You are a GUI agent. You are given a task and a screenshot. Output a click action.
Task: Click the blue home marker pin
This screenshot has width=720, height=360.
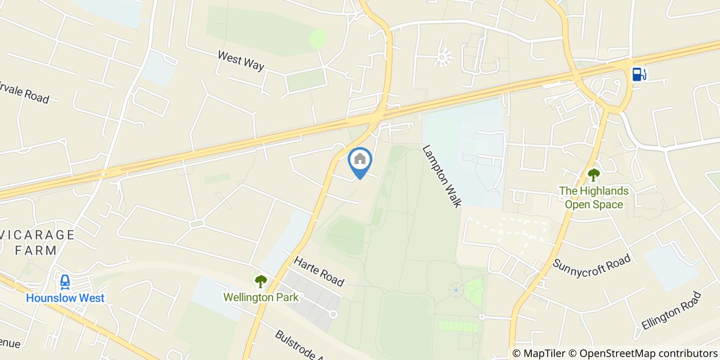pos(360,160)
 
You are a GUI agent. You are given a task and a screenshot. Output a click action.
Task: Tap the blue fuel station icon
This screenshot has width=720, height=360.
pos(638,75)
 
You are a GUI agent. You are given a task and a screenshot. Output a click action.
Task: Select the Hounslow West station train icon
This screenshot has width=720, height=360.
pos(65,282)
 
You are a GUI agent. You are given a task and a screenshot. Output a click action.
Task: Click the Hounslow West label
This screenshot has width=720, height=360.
pos(65,298)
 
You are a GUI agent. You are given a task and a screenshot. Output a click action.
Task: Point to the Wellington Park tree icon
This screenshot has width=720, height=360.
pos(261,281)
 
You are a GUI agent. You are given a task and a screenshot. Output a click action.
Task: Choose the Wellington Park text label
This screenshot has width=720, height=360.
pos(261,297)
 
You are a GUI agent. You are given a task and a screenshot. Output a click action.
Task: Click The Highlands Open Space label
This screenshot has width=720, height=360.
pos(593,197)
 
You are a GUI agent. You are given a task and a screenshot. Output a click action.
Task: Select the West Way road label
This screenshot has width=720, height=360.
pos(241,60)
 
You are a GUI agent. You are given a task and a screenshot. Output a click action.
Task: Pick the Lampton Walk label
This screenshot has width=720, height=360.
pos(441,176)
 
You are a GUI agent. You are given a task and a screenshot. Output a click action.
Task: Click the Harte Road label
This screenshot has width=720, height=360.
pos(319,271)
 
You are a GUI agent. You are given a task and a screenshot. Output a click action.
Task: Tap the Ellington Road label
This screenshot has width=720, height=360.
pos(671,311)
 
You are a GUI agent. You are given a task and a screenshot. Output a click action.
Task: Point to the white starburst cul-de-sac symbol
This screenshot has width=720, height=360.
pos(444,57)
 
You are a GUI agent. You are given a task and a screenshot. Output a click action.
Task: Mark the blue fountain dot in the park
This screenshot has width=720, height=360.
pos(456,290)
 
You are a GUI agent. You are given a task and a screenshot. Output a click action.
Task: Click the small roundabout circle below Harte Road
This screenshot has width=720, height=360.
pos(333,314)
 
